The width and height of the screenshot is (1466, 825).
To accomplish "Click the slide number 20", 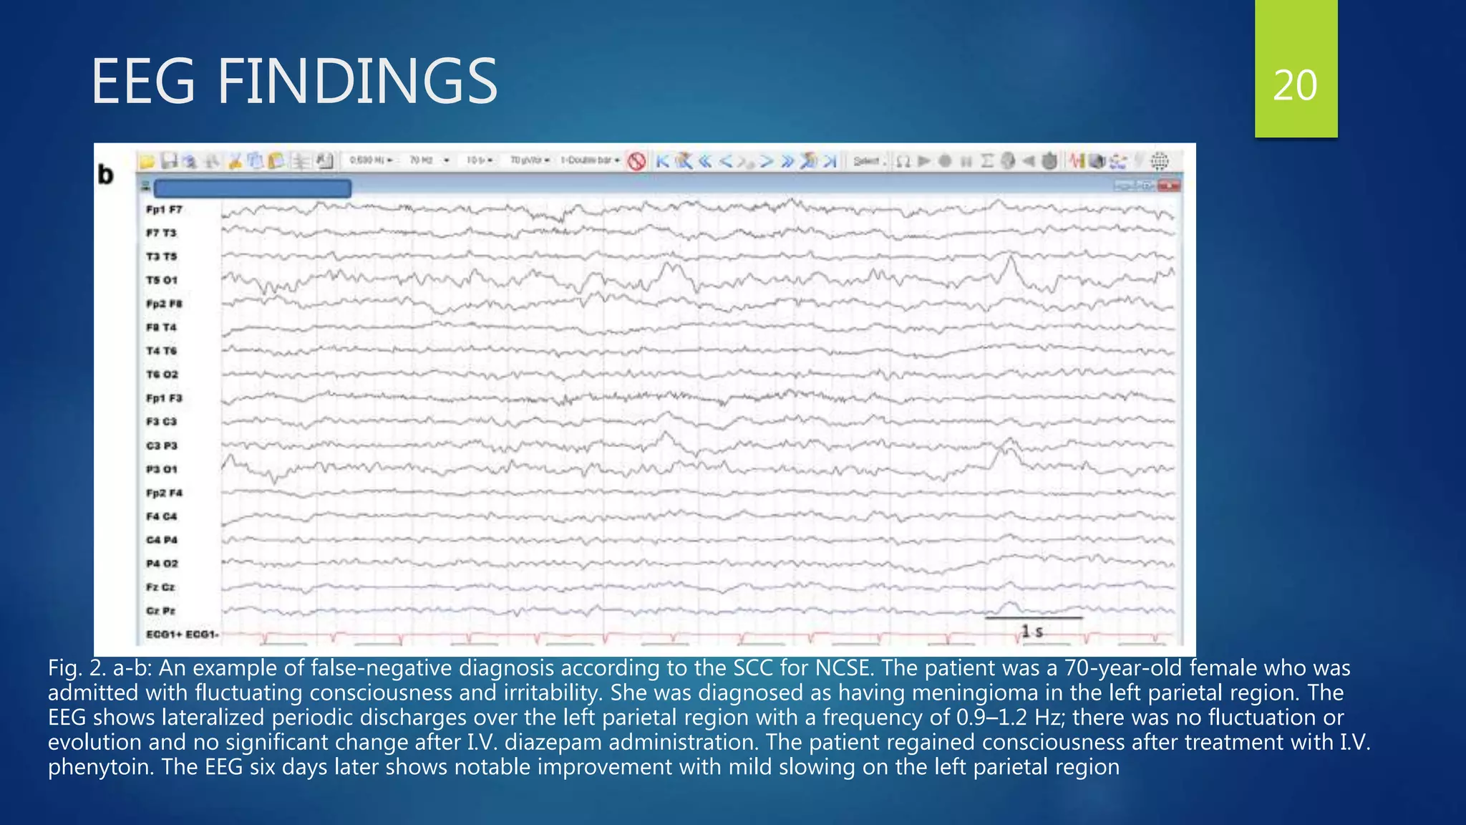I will [1295, 86].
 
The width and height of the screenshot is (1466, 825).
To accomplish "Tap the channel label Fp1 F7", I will [164, 210].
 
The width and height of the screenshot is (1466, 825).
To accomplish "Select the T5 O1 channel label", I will [162, 280].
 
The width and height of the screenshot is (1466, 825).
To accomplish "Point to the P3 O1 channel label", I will [162, 469].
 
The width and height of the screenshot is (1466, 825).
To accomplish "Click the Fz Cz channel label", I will [160, 587].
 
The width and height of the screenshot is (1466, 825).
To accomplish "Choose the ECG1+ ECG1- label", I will [182, 635].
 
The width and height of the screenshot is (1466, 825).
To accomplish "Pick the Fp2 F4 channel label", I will [164, 493].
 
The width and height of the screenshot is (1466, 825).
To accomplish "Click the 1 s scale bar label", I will [1031, 632].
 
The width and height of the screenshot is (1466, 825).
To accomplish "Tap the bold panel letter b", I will [106, 175].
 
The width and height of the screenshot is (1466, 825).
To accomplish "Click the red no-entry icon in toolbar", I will [636, 161].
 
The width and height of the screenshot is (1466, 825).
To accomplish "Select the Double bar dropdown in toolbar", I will [590, 160].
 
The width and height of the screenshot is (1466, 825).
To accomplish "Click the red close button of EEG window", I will [1169, 186].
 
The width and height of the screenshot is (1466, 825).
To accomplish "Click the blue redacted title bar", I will [252, 188].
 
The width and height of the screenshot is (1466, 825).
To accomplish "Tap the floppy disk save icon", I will [169, 161].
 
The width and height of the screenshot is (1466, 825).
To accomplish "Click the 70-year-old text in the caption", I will [1125, 668].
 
